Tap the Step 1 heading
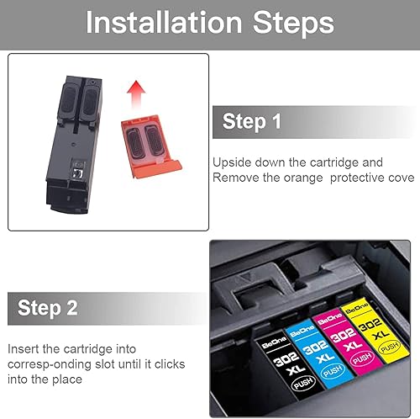tap(252, 122)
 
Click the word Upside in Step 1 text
tap(231, 162)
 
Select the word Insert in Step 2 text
tap(23, 348)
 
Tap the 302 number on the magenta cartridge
tap(330, 335)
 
